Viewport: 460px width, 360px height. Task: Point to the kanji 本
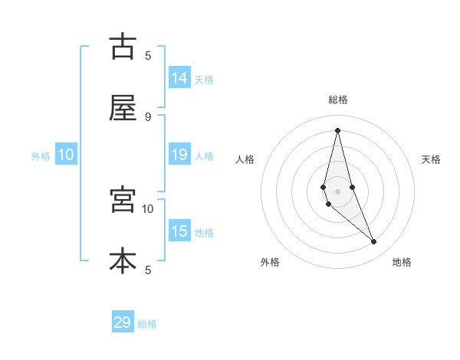(x=123, y=260)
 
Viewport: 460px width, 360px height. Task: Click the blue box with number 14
(x=179, y=78)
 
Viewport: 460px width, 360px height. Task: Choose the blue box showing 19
(x=179, y=155)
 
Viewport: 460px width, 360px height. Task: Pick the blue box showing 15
(x=179, y=231)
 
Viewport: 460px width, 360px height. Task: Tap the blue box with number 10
(x=66, y=155)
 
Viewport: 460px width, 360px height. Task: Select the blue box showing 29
(x=123, y=322)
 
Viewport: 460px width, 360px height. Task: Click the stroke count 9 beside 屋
(x=148, y=116)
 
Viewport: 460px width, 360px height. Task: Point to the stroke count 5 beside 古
(x=148, y=55)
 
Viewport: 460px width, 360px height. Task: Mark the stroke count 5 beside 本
(x=148, y=270)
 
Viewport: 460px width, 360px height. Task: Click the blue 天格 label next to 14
(x=204, y=80)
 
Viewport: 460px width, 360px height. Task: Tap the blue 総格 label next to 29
(x=147, y=324)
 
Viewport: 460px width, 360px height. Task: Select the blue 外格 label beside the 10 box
(x=41, y=156)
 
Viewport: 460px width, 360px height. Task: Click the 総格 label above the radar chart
(x=337, y=100)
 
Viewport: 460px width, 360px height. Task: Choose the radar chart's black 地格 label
(x=402, y=262)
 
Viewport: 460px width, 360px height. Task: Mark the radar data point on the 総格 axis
(x=337, y=129)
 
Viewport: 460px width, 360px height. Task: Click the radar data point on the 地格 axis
(x=374, y=242)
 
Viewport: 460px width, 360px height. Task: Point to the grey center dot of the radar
(x=337, y=190)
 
